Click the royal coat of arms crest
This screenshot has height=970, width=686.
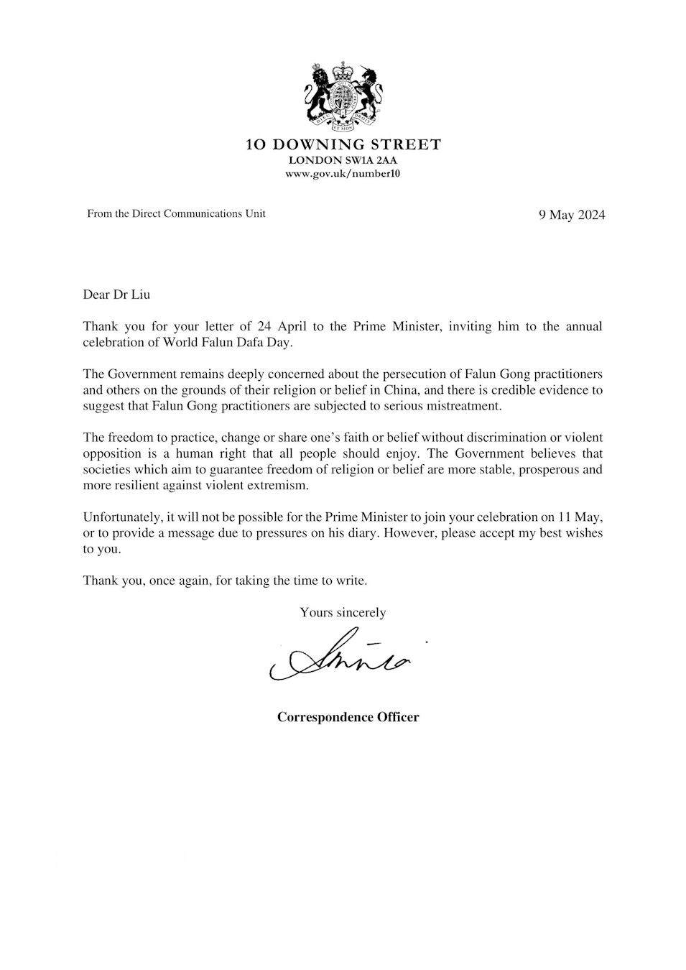pyautogui.click(x=343, y=93)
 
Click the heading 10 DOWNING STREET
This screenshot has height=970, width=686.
pyautogui.click(x=343, y=145)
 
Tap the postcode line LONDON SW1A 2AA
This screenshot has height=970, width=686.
pyautogui.click(x=343, y=160)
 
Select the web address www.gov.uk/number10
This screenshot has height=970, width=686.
pyautogui.click(x=343, y=174)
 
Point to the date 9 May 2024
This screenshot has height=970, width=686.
pyautogui.click(x=572, y=215)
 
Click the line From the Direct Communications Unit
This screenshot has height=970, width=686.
pyautogui.click(x=176, y=213)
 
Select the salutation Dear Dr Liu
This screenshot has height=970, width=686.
pyautogui.click(x=116, y=295)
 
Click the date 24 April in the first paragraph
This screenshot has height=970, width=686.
pyautogui.click(x=274, y=326)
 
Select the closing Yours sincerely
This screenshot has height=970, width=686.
pyautogui.click(x=343, y=612)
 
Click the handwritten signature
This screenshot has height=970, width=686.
pyautogui.click(x=341, y=656)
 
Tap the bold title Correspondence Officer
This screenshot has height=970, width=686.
pyautogui.click(x=348, y=717)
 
